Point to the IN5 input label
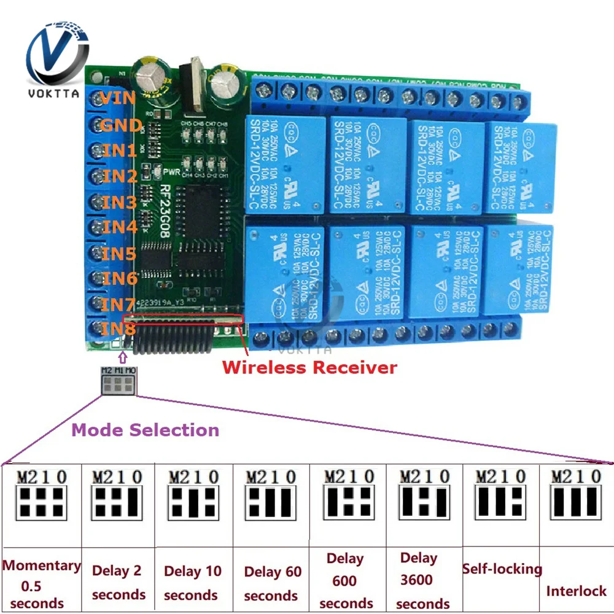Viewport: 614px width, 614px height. click(x=119, y=253)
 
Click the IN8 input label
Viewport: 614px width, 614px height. click(x=119, y=329)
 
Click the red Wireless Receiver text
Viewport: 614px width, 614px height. click(x=309, y=368)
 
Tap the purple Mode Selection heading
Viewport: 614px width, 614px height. click(x=145, y=430)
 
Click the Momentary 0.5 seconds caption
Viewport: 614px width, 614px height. click(x=41, y=584)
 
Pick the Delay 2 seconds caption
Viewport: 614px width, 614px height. click(x=118, y=583)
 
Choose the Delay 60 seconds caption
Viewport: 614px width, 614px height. click(x=272, y=584)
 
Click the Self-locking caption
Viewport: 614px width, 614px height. click(x=502, y=569)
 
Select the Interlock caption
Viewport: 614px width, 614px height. click(x=576, y=591)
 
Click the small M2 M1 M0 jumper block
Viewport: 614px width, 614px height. click(x=119, y=381)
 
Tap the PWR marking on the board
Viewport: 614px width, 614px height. click(x=171, y=173)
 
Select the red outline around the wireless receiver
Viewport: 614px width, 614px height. click(x=184, y=317)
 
